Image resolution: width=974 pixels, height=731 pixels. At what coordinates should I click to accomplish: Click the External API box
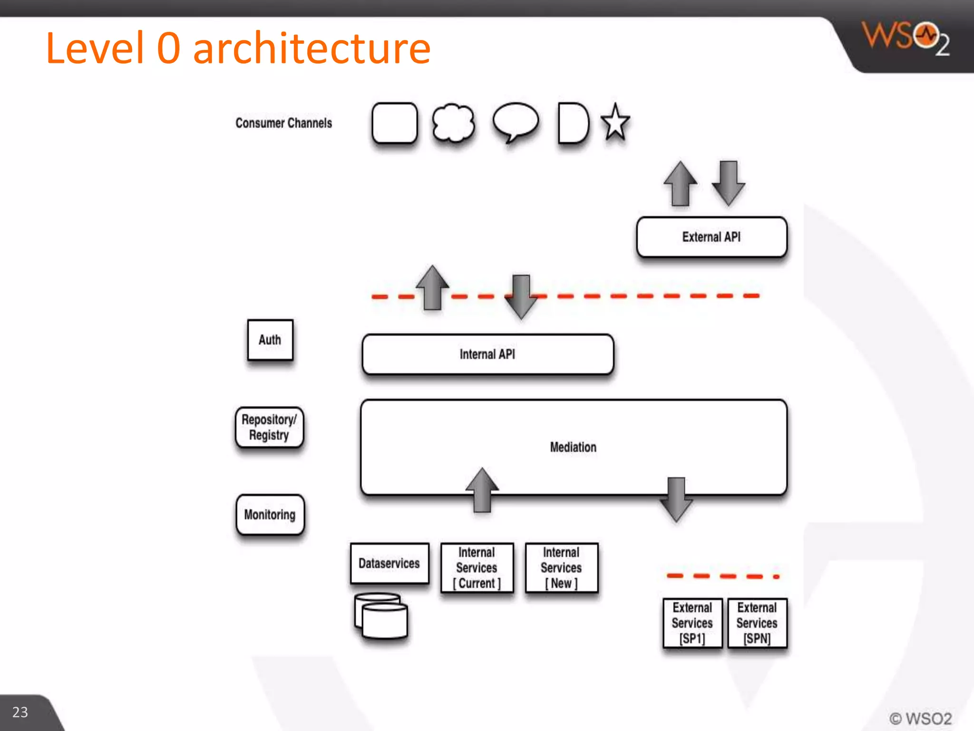pos(711,237)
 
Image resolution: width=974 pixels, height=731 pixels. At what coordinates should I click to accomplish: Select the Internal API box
pos(487,355)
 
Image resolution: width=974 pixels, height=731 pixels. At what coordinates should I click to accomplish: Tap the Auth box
pos(270,340)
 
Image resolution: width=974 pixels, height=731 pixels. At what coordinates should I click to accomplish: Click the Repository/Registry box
pos(269,427)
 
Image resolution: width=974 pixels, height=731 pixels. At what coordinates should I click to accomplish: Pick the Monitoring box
pos(270,514)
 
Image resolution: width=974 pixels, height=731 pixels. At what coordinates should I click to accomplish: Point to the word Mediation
pos(573,447)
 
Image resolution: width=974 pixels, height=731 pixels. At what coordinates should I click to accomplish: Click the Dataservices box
pos(390,563)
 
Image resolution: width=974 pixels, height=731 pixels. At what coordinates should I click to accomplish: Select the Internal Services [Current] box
pos(477,568)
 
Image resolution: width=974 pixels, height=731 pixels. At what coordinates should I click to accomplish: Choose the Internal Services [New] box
pos(562,568)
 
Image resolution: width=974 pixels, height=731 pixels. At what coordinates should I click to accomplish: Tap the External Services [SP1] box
pos(692,623)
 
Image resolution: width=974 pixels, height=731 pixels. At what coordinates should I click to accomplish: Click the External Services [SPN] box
pos(757,623)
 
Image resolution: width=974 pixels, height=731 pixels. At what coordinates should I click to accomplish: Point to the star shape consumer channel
pos(615,123)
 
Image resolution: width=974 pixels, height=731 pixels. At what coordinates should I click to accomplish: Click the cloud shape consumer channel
pos(453,123)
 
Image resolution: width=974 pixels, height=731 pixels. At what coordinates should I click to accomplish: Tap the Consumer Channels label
pos(284,123)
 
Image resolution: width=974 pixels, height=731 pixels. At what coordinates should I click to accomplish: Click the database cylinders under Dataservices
pos(381,616)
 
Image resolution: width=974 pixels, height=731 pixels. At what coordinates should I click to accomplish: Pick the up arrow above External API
pos(681,184)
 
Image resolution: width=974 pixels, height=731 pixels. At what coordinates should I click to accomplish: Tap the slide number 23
pos(20,712)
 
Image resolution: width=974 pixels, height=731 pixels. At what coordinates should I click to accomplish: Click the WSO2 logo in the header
pos(906,38)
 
